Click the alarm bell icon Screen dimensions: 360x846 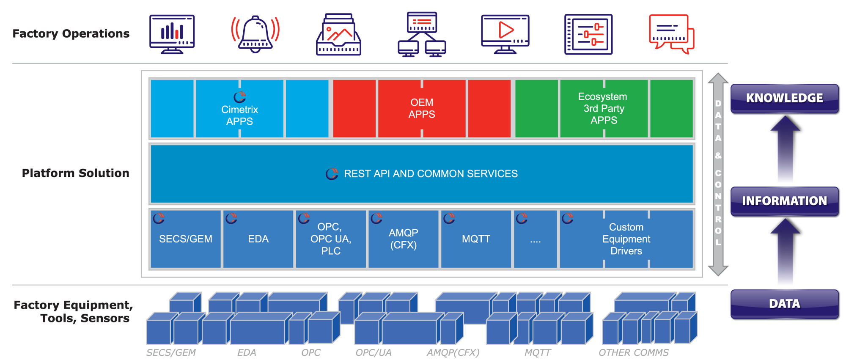[255, 34]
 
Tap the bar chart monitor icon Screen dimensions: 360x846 [172, 34]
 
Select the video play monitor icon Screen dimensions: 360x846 [505, 34]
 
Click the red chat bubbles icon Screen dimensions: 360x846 [671, 34]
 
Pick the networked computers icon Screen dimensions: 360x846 [422, 34]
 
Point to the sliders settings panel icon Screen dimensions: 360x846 [588, 34]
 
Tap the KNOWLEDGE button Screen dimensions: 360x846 [784, 98]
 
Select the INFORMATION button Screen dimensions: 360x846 [784, 201]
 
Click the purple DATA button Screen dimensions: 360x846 [784, 304]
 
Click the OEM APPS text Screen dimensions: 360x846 [422, 108]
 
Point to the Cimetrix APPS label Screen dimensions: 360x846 [239, 115]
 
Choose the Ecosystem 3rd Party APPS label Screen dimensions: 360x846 [604, 108]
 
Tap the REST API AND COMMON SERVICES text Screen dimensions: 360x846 [431, 174]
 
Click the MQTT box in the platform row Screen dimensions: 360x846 [476, 239]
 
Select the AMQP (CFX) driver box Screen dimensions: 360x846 [403, 239]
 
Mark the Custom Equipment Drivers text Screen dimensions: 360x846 [626, 239]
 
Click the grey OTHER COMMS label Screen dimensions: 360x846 [633, 352]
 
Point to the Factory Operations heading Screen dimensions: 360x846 [71, 34]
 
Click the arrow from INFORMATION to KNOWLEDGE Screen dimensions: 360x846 [785, 148]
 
